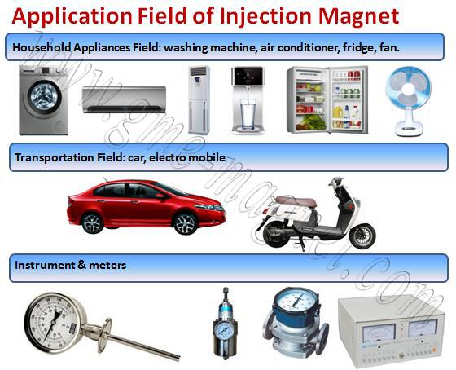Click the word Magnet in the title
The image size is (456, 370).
(358, 16)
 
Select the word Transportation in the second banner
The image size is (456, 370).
(54, 157)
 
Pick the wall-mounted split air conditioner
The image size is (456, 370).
(124, 99)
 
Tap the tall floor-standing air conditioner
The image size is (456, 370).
(199, 100)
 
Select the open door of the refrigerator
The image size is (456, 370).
(349, 99)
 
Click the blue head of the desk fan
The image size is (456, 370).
(408, 88)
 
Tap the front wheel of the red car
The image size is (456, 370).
(185, 223)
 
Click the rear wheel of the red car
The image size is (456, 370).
(93, 223)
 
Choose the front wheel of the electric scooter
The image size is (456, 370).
(362, 236)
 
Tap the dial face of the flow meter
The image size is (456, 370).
(296, 301)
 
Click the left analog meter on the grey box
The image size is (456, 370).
(379, 333)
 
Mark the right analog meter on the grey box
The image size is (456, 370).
(423, 328)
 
